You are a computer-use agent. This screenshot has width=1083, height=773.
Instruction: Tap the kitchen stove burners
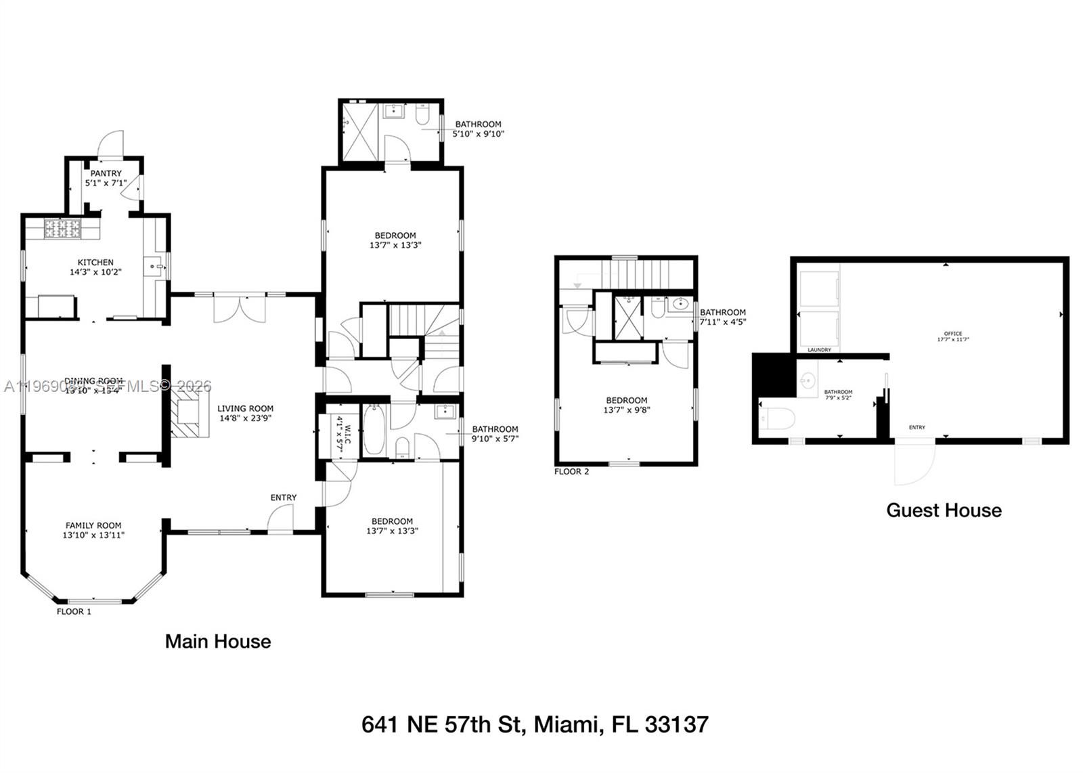62,229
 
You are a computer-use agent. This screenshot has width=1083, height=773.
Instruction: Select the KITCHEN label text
95,263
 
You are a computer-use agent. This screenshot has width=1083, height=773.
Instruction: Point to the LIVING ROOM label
245,409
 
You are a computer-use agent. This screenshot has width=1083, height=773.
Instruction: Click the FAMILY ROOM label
93,525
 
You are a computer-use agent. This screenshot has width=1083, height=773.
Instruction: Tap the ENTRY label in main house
284,498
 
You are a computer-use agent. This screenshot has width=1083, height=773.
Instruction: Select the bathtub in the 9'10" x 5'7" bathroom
374,430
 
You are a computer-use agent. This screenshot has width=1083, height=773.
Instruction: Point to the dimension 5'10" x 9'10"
479,134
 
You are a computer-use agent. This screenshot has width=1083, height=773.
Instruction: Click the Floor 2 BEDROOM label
627,401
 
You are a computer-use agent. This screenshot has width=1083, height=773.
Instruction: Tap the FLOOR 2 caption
571,471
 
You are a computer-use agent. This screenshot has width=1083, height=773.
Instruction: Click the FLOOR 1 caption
74,611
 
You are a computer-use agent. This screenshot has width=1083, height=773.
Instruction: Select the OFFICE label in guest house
953,334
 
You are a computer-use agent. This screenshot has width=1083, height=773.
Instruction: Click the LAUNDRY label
819,350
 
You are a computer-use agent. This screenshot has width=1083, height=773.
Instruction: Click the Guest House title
944,510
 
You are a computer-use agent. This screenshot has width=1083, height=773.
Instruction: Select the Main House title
218,642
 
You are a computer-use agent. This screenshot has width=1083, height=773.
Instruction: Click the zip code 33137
676,725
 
